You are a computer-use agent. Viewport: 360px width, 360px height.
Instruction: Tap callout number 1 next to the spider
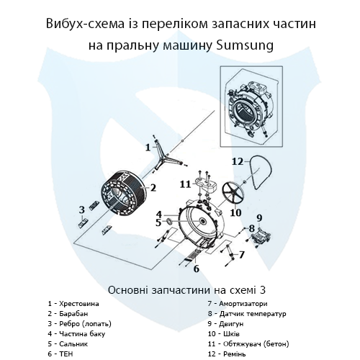point(148,147)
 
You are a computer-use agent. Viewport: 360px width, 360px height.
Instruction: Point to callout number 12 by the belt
point(238,161)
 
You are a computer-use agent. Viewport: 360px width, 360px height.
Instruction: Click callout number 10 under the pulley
point(235,212)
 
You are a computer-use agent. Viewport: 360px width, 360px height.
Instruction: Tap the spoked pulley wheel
point(235,192)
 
